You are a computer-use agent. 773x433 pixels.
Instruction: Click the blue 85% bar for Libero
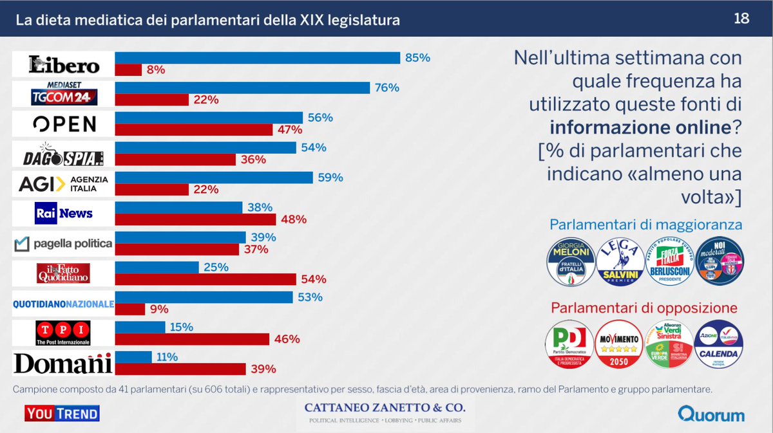point(258,58)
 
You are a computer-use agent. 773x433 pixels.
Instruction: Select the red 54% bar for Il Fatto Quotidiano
point(205,279)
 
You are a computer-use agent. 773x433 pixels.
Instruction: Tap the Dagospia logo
point(64,154)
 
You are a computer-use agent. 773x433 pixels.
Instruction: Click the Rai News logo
point(64,213)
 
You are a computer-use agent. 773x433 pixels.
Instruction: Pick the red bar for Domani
point(180,369)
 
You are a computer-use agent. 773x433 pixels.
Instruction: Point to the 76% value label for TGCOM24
point(387,88)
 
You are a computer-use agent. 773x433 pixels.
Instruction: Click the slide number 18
point(741,19)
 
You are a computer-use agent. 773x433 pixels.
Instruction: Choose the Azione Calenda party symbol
point(718,344)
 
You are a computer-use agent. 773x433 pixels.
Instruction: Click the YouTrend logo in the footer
point(62,413)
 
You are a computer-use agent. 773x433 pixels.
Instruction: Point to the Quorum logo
point(711,414)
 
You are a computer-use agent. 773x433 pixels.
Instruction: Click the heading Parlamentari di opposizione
point(644,308)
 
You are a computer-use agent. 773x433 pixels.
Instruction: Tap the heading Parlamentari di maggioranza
point(645,225)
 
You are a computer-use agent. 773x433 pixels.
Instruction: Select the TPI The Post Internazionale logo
point(64,333)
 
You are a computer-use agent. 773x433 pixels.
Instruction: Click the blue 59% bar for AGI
point(214,178)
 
